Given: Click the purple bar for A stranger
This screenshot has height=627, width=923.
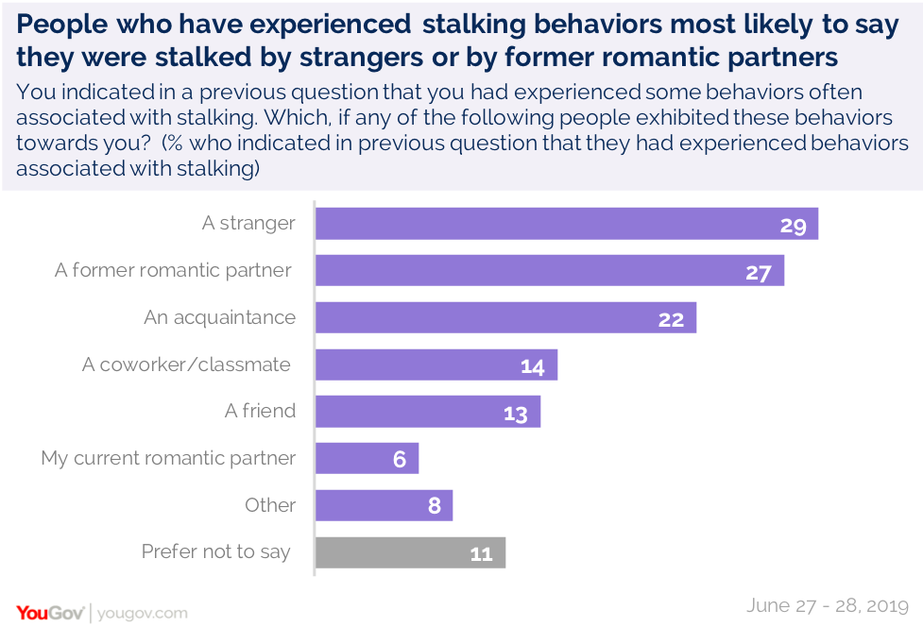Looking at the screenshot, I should coord(565,224).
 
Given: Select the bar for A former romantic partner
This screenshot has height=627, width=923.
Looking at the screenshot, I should coord(549,271).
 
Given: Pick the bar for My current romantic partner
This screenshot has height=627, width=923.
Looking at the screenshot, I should coord(366,459).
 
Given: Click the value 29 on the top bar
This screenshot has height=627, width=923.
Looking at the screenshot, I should coord(792,225).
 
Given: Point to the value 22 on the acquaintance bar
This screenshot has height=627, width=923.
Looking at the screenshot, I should coord(671,319).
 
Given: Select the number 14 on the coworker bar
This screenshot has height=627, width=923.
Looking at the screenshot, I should coord(533,366).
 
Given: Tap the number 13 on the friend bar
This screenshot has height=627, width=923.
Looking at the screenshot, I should coord(515,414).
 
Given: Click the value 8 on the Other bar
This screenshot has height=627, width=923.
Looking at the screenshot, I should coord(435,506).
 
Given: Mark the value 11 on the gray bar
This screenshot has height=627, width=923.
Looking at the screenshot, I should coord(482,553).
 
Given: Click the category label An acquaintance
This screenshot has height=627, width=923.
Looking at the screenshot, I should coord(219,317).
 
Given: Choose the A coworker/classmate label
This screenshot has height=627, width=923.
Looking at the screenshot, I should coord(186,364).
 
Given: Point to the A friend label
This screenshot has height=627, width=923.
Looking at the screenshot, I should coord(260,412).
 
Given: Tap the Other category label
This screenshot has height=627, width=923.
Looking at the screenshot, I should coord(270,505).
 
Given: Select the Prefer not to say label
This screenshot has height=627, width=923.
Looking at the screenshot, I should coord(215,552).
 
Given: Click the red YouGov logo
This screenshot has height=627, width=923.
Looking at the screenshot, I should coord(50,612).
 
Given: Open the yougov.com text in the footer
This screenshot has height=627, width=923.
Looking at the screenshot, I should coord(143,613).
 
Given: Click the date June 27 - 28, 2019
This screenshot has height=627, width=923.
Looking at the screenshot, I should coord(827,605).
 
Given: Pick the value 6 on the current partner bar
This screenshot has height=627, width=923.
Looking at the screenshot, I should coord(400,460).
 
